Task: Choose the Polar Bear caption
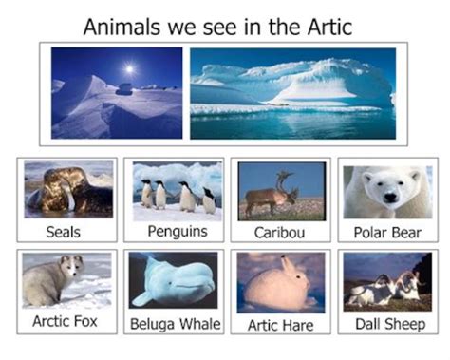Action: tap(387, 232)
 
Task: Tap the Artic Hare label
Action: tap(280, 324)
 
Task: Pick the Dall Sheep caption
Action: tap(387, 323)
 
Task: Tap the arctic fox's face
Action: tap(72, 266)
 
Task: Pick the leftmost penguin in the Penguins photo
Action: tap(146, 194)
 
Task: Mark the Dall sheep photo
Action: tap(387, 282)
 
